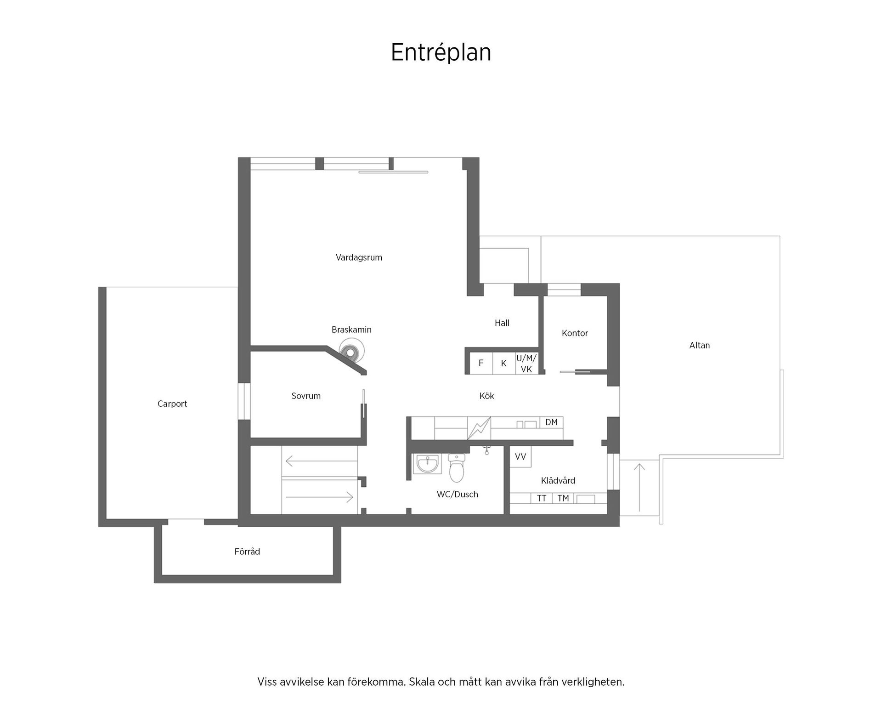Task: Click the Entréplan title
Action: coord(441,52)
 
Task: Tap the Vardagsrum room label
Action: coord(359,257)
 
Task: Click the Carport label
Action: coord(172,404)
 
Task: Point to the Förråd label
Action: coord(247,552)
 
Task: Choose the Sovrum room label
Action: coord(306,396)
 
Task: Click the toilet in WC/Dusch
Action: coord(457,467)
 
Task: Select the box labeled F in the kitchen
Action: coord(481,363)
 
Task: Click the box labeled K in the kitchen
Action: coord(503,363)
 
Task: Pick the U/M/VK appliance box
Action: coord(526,363)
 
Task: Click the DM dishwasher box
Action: coord(551,422)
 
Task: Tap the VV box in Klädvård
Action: coord(520,457)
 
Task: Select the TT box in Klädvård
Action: coord(542,498)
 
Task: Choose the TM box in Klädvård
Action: coord(563,498)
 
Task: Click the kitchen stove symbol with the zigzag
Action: coord(479,428)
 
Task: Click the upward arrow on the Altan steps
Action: coord(639,487)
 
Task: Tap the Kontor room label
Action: coord(575,333)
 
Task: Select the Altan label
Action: coord(699,345)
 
